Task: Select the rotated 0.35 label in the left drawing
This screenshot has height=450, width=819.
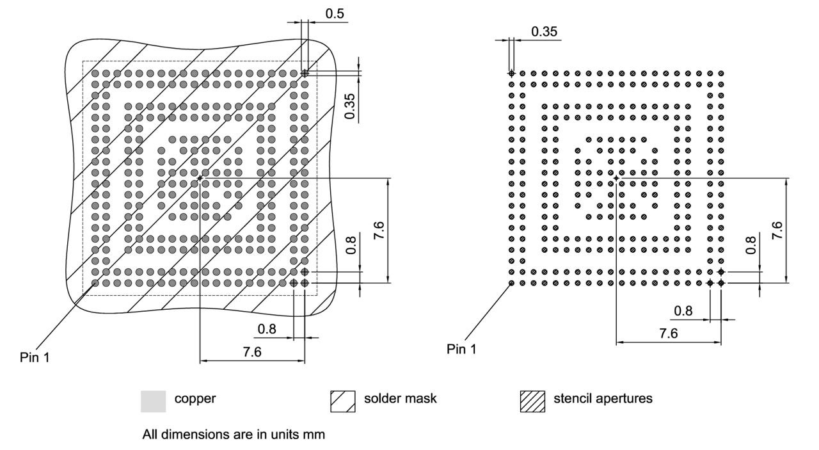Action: pos(351,106)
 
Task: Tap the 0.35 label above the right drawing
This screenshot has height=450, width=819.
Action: pos(545,32)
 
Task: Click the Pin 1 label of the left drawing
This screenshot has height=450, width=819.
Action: pos(34,357)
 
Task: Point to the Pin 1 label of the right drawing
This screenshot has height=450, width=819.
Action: pos(461,349)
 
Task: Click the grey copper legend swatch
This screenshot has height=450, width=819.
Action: pos(153,401)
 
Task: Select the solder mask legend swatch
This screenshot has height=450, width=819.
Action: pos(342,401)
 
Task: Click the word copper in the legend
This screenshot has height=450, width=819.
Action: pos(195,398)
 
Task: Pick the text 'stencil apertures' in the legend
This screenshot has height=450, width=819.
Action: pos(603,398)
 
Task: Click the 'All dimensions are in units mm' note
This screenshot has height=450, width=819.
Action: pos(233,435)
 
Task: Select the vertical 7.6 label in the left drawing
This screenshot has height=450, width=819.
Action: pos(378,229)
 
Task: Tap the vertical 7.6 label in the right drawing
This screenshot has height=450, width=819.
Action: pos(776,230)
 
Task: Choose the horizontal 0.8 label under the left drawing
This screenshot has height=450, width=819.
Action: pos(267,330)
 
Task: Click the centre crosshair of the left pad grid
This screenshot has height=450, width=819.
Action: pos(200,177)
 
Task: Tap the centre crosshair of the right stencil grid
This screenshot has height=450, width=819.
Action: pos(616,177)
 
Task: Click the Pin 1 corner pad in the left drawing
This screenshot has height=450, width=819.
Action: pos(95,282)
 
